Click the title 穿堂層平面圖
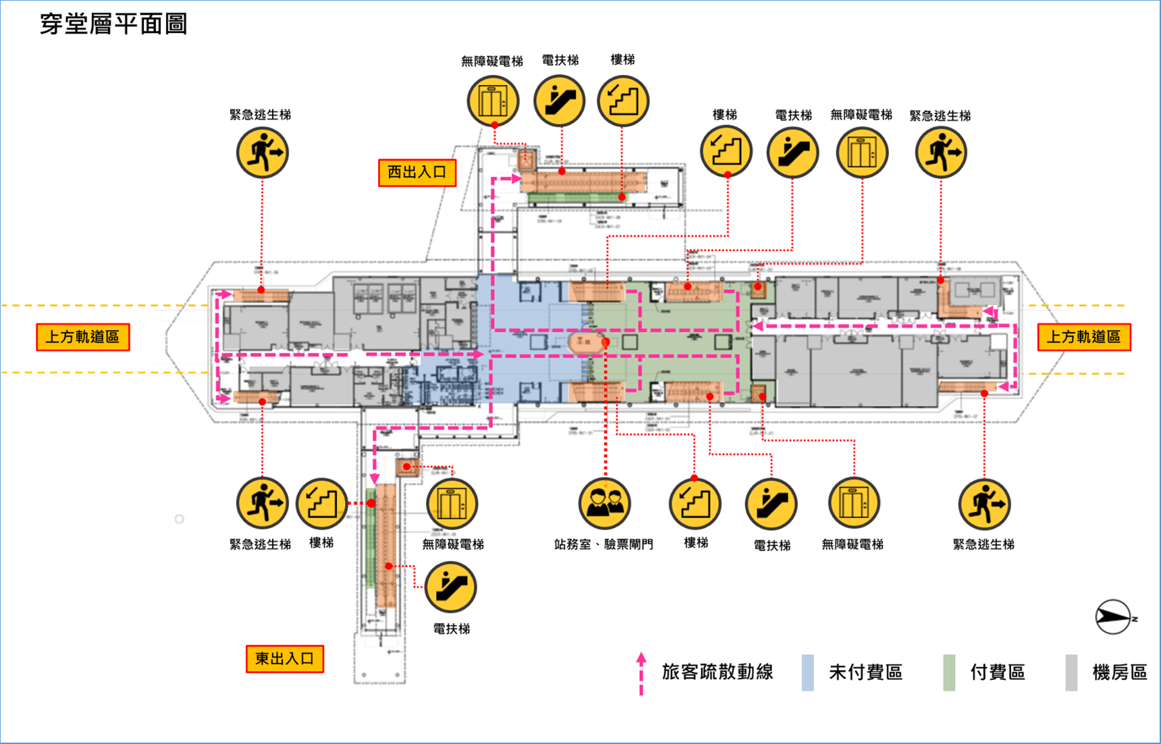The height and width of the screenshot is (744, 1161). pos(113,24)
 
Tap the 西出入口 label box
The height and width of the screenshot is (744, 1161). pos(417,173)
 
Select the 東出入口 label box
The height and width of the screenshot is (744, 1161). pos(284,659)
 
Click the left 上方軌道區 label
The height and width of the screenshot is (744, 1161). pos(82,337)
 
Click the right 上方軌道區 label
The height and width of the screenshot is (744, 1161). pos(1083,337)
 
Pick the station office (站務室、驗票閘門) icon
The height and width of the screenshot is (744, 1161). pos(604,503)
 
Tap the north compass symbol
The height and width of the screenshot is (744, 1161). pos(1113,617)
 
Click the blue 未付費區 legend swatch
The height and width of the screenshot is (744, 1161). pos(807,673)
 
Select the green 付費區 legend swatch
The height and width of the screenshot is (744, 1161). pos(949,673)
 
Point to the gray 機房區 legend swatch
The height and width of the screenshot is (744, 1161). pos(1071,673)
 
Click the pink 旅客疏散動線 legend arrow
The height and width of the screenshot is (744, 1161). pos(641,673)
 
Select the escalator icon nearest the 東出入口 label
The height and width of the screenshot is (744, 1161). pos(450,587)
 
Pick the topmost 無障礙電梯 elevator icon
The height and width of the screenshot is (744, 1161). pos(493,101)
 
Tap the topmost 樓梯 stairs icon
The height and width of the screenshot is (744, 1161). pos(622,101)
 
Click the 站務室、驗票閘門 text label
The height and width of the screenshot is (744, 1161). pos(603,544)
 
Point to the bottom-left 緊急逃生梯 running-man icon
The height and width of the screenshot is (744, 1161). pos(262,503)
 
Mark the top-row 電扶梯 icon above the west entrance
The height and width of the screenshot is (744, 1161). pos(559,101)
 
